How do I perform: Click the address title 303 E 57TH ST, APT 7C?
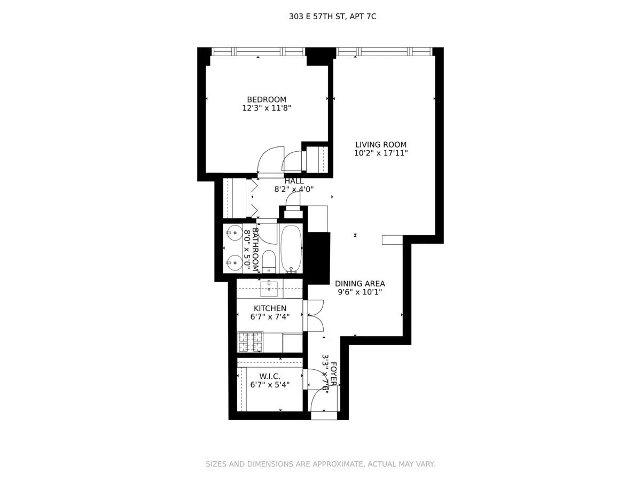[333, 17]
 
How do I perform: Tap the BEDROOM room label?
[266, 99]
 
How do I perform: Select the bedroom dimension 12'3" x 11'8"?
[266, 108]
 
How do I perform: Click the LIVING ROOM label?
[381, 144]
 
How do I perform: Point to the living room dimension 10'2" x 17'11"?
[381, 153]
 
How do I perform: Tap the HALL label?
[294, 181]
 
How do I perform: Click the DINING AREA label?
[359, 284]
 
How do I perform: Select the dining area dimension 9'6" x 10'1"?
[359, 292]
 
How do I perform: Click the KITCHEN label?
[270, 308]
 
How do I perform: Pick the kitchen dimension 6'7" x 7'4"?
[270, 317]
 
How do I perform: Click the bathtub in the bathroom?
[291, 249]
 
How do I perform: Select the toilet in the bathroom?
[268, 260]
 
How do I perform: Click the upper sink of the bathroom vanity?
[234, 234]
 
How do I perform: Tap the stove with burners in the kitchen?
[250, 342]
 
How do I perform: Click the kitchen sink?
[269, 289]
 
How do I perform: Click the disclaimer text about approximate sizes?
[320, 464]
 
